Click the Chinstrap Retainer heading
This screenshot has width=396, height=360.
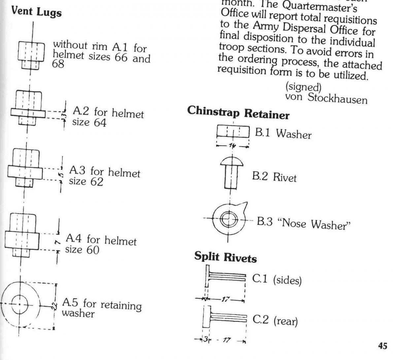click(x=238, y=113)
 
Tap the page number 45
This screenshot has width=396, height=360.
click(x=382, y=346)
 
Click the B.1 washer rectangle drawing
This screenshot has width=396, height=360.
click(x=233, y=133)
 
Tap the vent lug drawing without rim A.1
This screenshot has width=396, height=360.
click(x=30, y=54)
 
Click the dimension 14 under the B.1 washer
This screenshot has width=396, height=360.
click(x=233, y=145)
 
